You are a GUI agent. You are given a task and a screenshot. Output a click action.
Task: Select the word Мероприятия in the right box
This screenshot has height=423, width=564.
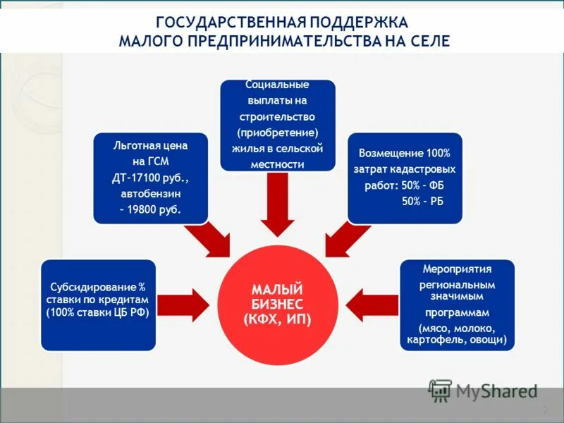(457, 269)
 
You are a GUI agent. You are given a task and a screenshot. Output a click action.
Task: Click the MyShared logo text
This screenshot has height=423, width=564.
(496, 390)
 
